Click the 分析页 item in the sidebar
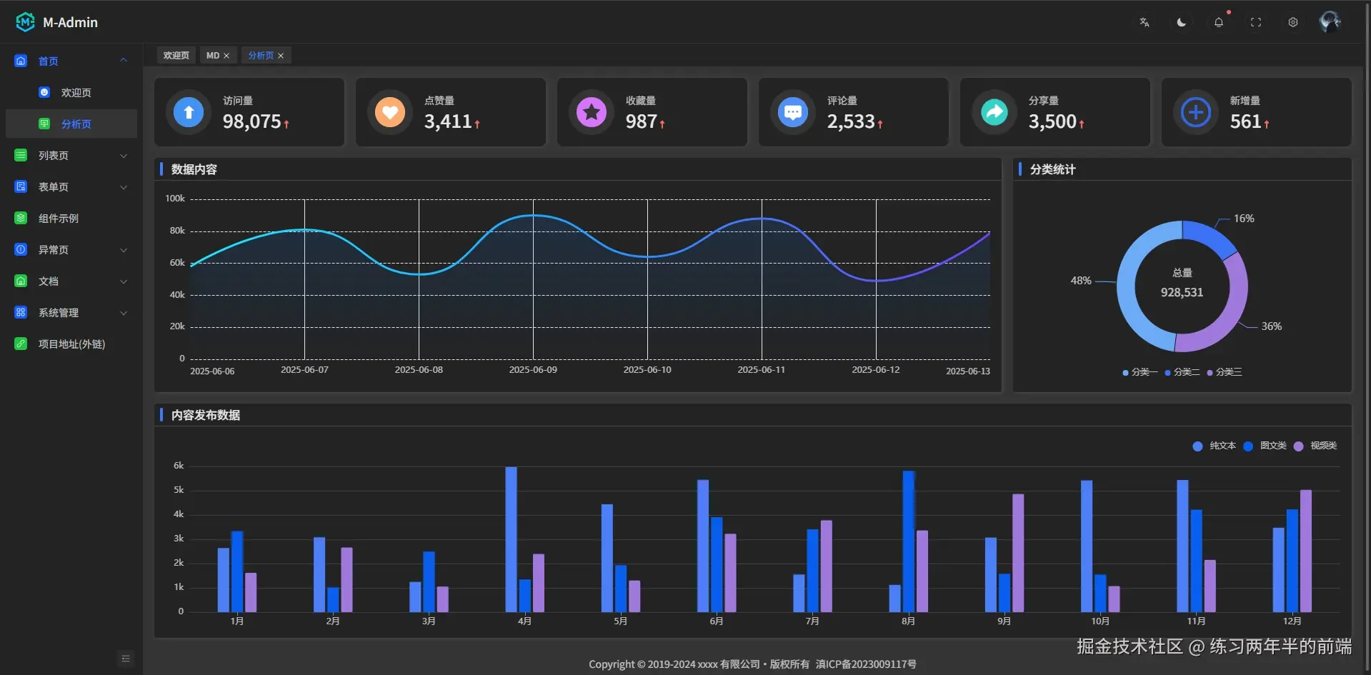pos(76,124)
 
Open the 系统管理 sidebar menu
pos(59,313)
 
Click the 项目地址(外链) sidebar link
pos(71,344)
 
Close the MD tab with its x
pos(226,56)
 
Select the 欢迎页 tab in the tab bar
pos(176,56)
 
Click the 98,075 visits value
pos(251,122)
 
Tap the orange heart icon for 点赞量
pos(390,112)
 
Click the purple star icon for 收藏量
pos(592,112)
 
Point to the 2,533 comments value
pos(850,122)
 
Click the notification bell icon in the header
pos(1219,22)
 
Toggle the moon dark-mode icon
pos(1182,22)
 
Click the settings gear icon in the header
pos(1293,22)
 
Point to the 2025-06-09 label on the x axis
pos(533,370)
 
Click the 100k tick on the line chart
pos(175,199)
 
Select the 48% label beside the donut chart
pos(1080,281)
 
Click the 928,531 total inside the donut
pos(1182,292)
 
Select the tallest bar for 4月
pos(511,539)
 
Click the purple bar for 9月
pos(1018,553)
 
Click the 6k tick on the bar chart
pos(179,466)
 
